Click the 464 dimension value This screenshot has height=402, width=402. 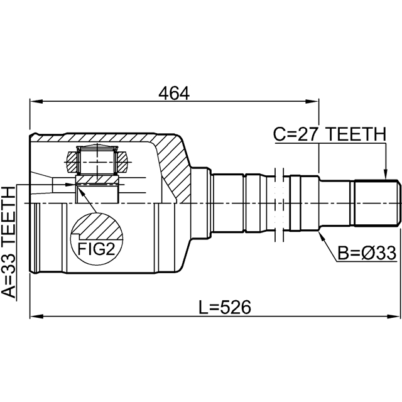point(174,94)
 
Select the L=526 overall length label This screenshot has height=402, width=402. point(225,307)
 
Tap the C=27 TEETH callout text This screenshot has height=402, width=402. point(330,134)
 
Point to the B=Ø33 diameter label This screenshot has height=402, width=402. point(367,253)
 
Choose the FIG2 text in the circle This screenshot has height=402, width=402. point(96,249)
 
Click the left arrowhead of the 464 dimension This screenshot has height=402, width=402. point(36,101)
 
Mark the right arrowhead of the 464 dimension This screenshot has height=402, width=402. point(313,101)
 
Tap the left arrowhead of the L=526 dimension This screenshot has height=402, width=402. point(36,317)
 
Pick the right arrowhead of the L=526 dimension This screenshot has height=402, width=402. point(394,317)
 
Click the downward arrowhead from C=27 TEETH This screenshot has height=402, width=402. point(385,174)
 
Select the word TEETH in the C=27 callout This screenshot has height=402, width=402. point(357,134)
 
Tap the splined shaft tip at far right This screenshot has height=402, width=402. point(377,204)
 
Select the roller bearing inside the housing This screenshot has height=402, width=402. point(97,159)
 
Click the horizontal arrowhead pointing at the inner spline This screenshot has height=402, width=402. point(69,184)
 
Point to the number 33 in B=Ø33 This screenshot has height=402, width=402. point(386,253)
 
